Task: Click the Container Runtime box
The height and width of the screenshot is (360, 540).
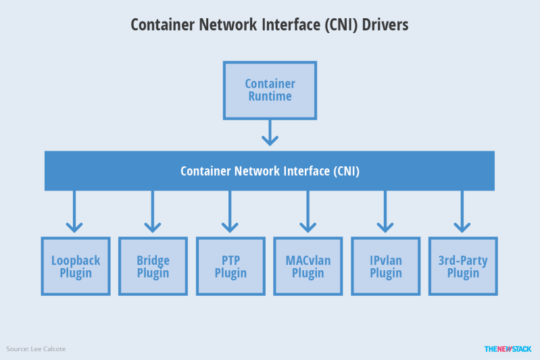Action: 270,90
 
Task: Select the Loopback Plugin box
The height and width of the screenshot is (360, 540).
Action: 75,266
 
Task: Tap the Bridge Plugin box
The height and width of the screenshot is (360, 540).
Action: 153,266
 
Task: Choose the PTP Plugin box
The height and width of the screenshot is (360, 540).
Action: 230,266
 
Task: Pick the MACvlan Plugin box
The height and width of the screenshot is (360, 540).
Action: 308,266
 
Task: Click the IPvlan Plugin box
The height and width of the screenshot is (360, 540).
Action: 385,266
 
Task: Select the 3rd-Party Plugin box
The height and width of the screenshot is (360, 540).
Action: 463,266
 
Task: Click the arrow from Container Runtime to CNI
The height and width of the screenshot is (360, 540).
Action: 270,132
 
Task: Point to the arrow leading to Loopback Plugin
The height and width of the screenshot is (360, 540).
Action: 75,212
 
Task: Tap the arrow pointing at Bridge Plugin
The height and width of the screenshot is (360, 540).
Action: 153,212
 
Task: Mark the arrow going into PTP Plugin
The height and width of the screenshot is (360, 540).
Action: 230,212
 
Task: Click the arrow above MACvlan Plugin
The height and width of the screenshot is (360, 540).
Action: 308,212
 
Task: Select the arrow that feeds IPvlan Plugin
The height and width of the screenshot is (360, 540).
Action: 385,212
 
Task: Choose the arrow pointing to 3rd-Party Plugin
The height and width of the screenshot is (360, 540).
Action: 463,212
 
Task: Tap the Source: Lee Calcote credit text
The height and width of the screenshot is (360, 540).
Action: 36,349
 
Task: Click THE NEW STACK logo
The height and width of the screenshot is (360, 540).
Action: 508,349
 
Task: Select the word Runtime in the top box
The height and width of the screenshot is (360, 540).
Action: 270,97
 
